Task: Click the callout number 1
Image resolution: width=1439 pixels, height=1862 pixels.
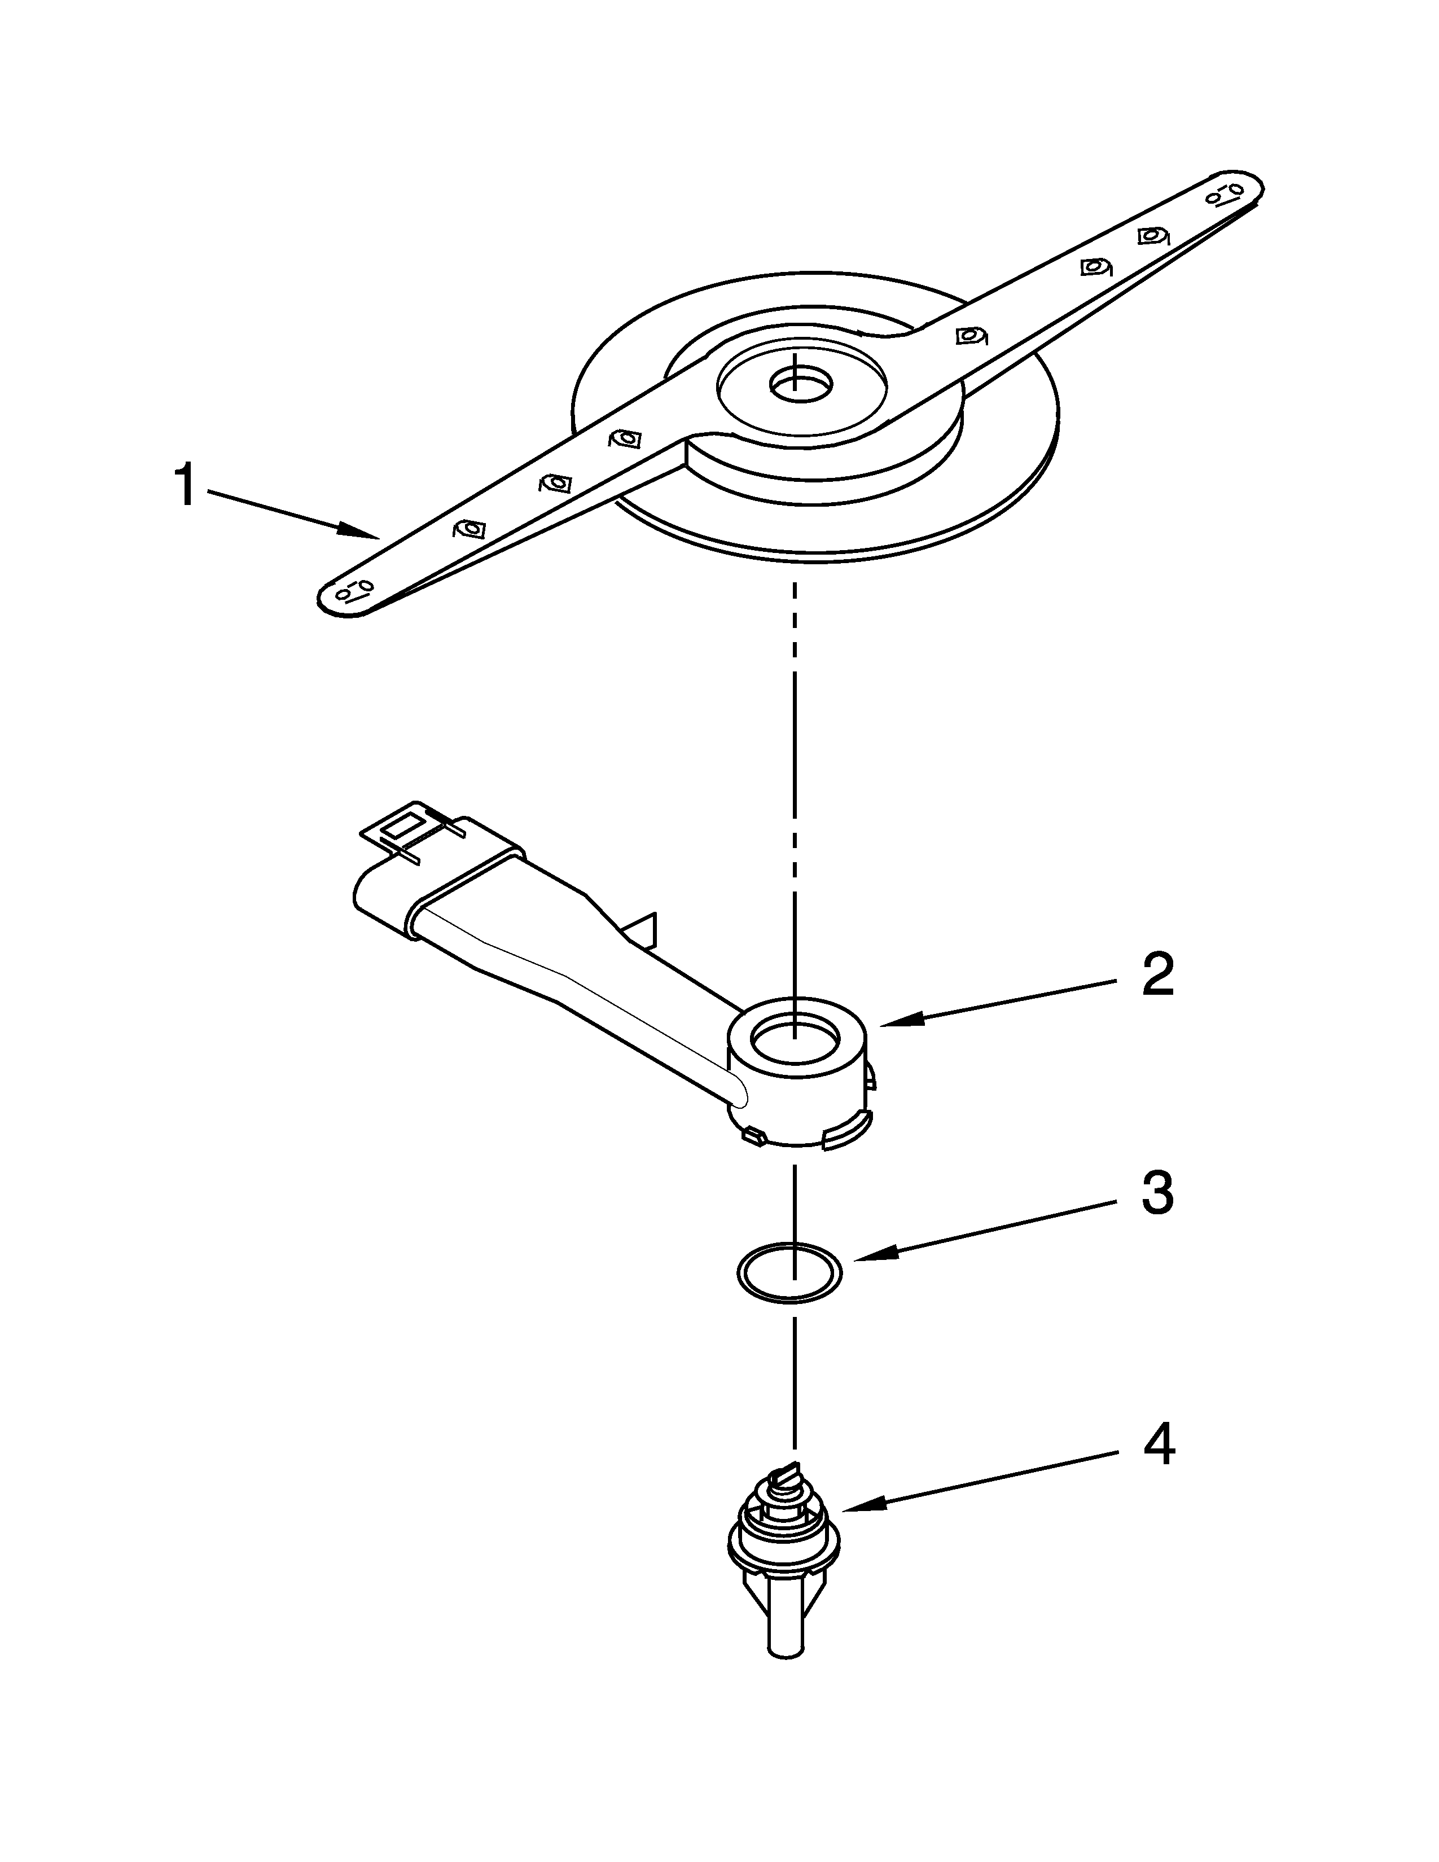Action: click(185, 487)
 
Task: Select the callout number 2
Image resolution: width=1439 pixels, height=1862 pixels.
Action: click(1157, 976)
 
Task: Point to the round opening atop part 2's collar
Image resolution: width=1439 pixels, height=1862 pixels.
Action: click(793, 1041)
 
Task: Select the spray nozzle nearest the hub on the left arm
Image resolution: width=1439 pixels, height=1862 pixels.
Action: click(625, 439)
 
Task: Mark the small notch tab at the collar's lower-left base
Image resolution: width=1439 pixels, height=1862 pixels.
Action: click(753, 1134)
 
